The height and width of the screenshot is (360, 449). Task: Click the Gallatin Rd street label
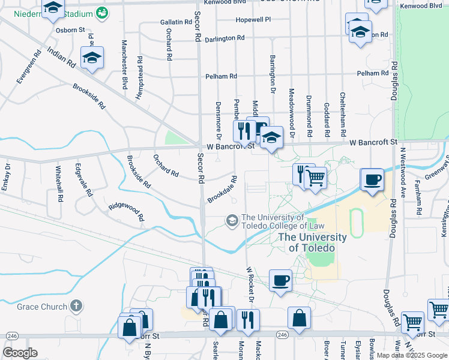tap(175, 22)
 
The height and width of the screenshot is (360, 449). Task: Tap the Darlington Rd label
tap(224, 38)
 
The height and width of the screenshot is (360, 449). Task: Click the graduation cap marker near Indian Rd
tap(92, 58)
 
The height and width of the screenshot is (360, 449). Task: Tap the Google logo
tap(20, 353)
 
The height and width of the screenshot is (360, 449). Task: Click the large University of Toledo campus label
tap(312, 242)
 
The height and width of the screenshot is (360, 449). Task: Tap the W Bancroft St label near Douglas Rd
tap(374, 142)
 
